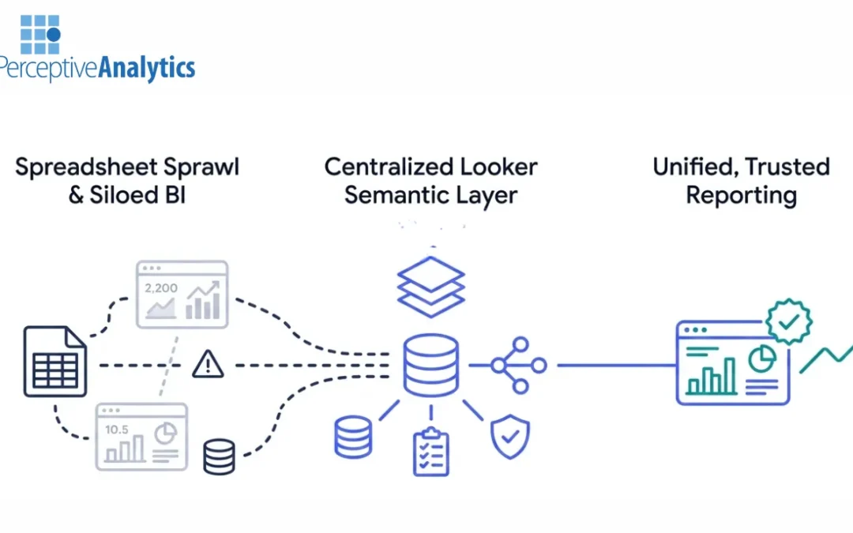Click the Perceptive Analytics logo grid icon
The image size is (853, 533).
(40, 34)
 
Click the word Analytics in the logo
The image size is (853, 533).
(146, 68)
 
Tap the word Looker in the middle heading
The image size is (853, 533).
(498, 167)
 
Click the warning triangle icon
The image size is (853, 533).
(208, 364)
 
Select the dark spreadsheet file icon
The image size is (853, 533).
(54, 361)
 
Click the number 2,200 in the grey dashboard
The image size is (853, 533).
(160, 287)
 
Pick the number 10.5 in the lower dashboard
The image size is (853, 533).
(117, 429)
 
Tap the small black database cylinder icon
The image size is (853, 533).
(219, 456)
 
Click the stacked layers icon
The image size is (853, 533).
(430, 286)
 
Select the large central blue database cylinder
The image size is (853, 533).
(430, 364)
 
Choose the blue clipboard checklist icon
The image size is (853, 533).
(430, 452)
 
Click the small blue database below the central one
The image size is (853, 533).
(353, 437)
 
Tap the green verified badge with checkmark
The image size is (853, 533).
(788, 321)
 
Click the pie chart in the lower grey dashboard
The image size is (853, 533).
(164, 434)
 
